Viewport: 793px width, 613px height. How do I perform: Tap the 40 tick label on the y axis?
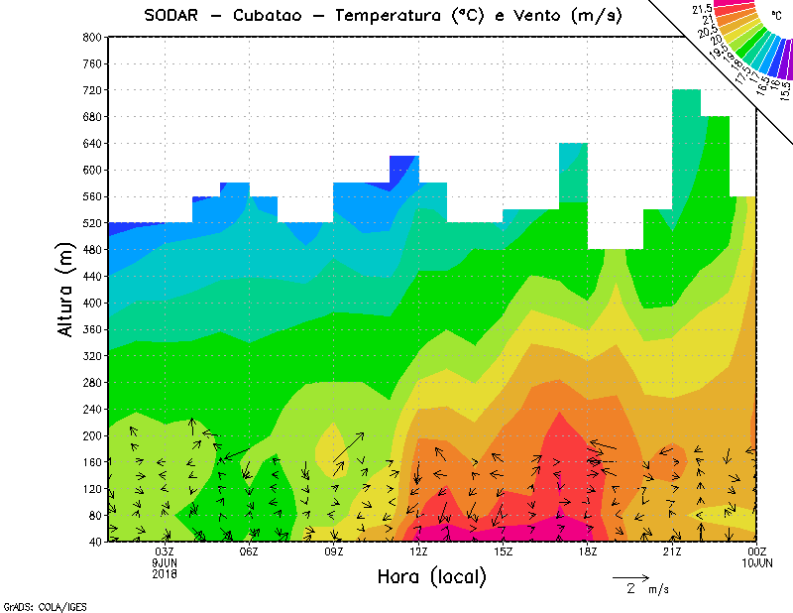click(x=95, y=542)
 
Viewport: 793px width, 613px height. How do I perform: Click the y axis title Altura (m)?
click(x=66, y=289)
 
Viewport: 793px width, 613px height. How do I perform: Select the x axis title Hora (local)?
click(x=430, y=576)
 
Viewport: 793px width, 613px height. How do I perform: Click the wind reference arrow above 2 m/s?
click(x=630, y=576)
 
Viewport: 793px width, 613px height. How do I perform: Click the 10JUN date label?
click(x=757, y=563)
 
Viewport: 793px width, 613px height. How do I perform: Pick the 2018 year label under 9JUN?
click(x=165, y=573)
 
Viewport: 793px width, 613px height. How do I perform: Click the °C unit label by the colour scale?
click(x=776, y=15)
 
